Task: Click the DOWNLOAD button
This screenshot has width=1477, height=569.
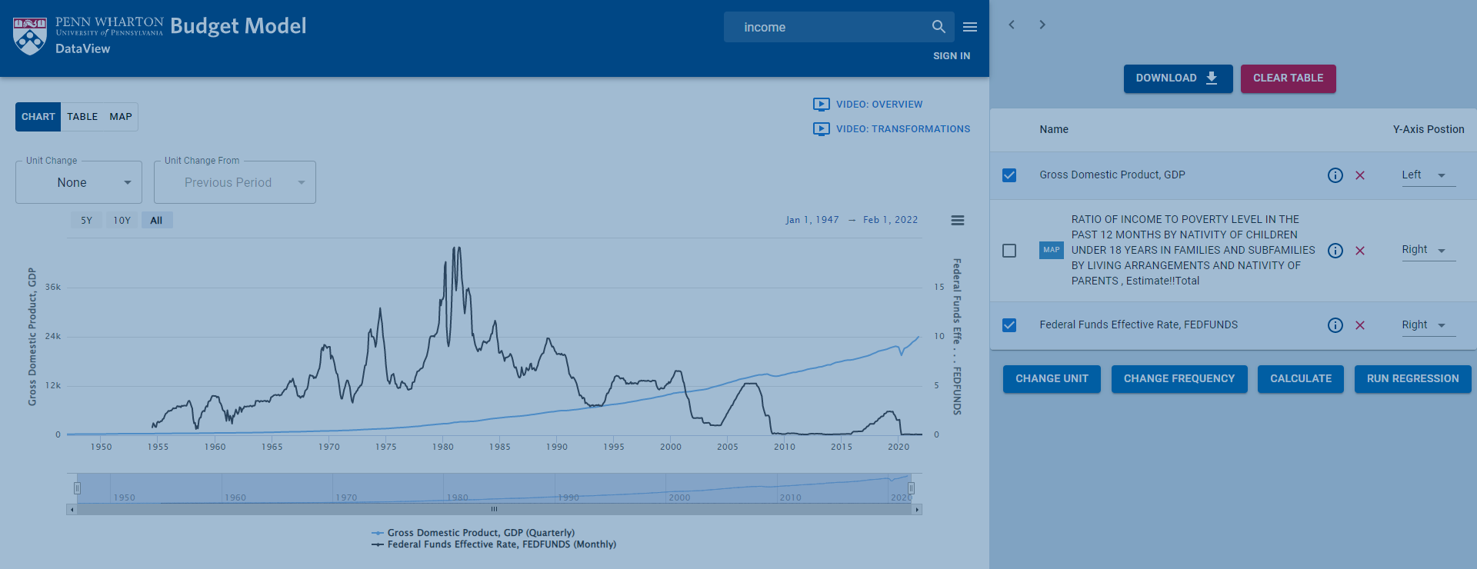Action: pos(1177,78)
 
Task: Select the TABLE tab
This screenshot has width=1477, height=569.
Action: pos(82,117)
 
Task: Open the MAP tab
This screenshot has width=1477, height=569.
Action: pos(121,117)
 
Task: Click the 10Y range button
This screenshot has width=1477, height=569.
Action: pos(122,221)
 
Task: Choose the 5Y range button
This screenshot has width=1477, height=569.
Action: pos(87,221)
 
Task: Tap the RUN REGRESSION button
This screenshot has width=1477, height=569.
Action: pos(1412,379)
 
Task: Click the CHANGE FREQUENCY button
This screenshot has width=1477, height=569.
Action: pos(1179,379)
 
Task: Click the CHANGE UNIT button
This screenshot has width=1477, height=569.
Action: pos(1052,379)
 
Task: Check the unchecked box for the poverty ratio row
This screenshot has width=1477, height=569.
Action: pos(1009,251)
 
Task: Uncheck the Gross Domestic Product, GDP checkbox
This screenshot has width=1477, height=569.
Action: pos(1009,175)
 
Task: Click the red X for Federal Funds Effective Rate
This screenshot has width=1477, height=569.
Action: pos(1360,325)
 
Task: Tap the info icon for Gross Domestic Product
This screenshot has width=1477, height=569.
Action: pos(1335,175)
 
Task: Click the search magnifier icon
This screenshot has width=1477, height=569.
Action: pos(939,27)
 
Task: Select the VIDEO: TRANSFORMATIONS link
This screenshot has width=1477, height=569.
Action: pos(902,129)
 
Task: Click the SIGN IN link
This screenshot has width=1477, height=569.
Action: pos(952,56)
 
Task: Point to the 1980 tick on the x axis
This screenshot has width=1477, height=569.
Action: pos(443,447)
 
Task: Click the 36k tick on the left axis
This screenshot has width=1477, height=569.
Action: pos(53,288)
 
